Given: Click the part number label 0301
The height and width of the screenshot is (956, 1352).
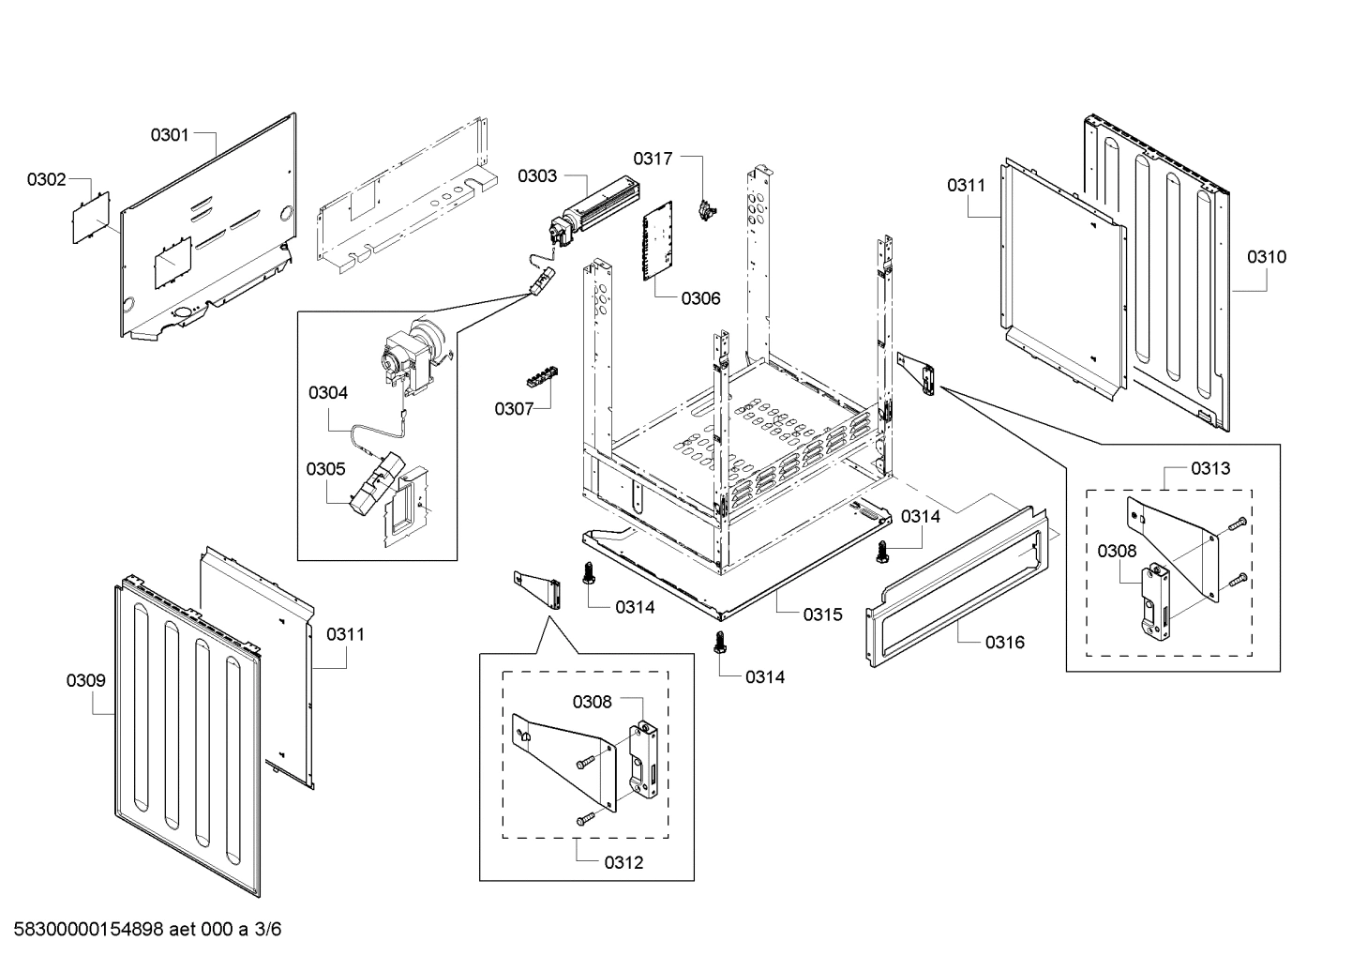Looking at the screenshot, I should click(170, 135).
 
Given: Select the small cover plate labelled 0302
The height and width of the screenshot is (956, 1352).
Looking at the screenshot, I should click(92, 218).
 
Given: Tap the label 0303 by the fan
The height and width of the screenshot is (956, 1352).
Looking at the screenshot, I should click(537, 175).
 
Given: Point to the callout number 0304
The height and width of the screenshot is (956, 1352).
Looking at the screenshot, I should click(327, 393).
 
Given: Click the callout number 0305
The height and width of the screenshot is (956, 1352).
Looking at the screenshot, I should click(325, 469).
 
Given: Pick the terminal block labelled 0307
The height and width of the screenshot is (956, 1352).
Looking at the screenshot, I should click(541, 377).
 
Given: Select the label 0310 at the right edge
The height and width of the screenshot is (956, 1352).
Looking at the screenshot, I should click(1266, 257).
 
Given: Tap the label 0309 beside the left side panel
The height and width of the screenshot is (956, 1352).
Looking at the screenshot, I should click(85, 681).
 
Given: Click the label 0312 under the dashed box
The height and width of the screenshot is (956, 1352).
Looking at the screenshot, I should click(623, 863).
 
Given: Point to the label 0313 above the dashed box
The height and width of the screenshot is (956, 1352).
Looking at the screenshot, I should click(1210, 468).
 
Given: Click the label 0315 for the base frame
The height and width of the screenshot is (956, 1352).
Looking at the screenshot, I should click(822, 615).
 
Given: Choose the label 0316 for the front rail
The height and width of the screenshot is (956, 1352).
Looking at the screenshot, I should click(1004, 643).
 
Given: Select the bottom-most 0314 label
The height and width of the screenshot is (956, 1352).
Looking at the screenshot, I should click(765, 677).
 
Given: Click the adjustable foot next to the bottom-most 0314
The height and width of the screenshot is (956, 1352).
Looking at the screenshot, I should click(719, 643).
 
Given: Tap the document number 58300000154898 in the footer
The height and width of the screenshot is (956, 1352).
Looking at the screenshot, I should click(83, 930).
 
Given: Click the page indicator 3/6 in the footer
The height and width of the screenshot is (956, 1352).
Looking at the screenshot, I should click(268, 930).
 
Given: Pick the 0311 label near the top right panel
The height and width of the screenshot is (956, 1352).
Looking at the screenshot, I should click(966, 186).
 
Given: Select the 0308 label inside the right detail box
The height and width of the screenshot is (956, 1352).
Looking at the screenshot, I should click(1117, 552).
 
